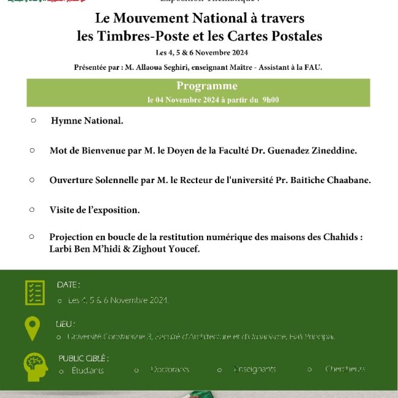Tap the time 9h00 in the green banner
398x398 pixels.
pyautogui.click(x=270, y=99)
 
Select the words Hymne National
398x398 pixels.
pyautogui.click(x=87, y=121)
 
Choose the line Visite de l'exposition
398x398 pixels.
pyautogui.click(x=94, y=209)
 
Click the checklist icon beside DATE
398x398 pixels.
pyautogui.click(x=35, y=293)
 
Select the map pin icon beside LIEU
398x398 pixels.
pyautogui.click(x=32, y=329)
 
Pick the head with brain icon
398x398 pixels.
pyautogui.click(x=35, y=366)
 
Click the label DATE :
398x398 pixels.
pyautogui.click(x=69, y=285)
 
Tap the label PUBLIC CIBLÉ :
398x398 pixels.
pyautogui.click(x=84, y=358)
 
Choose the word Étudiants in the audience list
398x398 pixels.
pyautogui.click(x=88, y=370)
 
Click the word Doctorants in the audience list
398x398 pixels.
pyautogui.click(x=170, y=369)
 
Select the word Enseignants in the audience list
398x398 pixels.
pyautogui.click(x=254, y=369)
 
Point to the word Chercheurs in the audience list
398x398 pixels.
pyautogui.click(x=345, y=369)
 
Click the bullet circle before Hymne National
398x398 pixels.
pyautogui.click(x=34, y=121)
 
